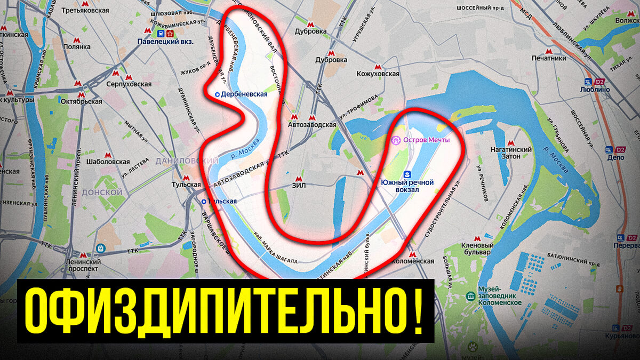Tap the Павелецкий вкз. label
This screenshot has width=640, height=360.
[165, 41]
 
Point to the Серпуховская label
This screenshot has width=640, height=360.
[130, 84]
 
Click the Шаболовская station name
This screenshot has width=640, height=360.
[108, 162]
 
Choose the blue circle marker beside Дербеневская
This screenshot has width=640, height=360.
[217, 94]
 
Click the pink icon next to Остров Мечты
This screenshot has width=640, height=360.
[395, 140]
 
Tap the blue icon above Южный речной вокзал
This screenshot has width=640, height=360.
[407, 174]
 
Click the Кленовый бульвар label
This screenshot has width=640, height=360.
[477, 247]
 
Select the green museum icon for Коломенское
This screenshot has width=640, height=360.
[470, 295]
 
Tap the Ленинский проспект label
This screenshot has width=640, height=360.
[83, 265]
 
